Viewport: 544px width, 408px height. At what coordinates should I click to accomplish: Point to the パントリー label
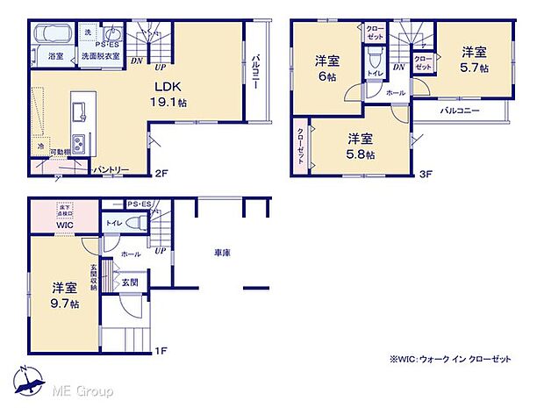(x=111, y=169)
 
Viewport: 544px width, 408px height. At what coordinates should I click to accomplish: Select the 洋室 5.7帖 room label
(x=475, y=60)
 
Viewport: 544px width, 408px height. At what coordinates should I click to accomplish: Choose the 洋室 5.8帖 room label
(x=360, y=146)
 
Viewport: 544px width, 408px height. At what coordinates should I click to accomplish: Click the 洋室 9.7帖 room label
(x=65, y=295)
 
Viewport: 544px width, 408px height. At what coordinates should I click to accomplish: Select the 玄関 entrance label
(x=129, y=283)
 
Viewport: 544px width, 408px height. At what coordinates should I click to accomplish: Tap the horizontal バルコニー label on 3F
(x=459, y=111)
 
